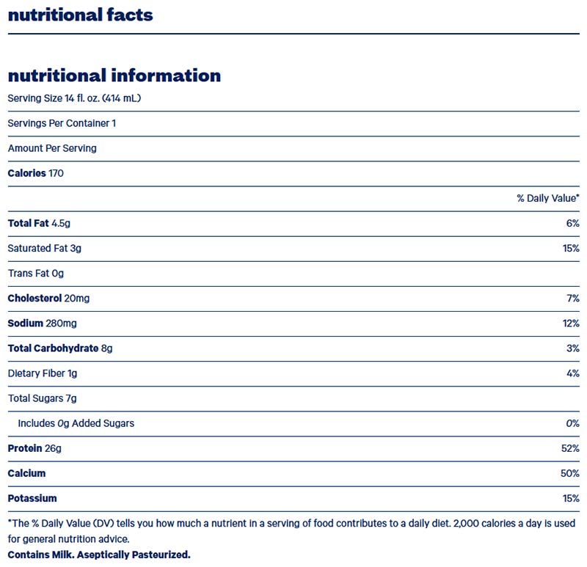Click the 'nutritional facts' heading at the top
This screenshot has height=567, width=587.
pyautogui.click(x=80, y=15)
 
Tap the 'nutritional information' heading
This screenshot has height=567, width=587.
pyautogui.click(x=114, y=76)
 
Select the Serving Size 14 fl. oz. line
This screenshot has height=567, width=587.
pyautogui.click(x=74, y=98)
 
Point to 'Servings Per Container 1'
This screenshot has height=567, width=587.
pyautogui.click(x=62, y=123)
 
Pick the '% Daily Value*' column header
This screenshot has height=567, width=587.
pyautogui.click(x=547, y=198)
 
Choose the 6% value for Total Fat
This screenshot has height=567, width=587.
pyautogui.click(x=572, y=223)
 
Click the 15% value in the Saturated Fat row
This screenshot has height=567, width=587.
pyautogui.click(x=571, y=249)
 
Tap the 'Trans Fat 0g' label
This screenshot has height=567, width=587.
pyautogui.click(x=36, y=274)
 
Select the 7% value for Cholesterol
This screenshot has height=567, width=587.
pyautogui.click(x=572, y=299)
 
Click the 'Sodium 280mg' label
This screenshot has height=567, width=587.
pyautogui.click(x=41, y=323)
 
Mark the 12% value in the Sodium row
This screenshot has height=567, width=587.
pyautogui.click(x=571, y=323)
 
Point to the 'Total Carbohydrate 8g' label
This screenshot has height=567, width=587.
pyautogui.click(x=60, y=348)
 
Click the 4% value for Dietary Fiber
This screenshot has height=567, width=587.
pyautogui.click(x=572, y=373)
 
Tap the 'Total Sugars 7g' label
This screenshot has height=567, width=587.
pyautogui.click(x=42, y=398)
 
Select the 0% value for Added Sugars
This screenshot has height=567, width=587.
pyautogui.click(x=572, y=423)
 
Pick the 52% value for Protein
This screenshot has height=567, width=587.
pyautogui.click(x=570, y=448)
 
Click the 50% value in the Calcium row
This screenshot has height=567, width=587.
pyautogui.click(x=570, y=473)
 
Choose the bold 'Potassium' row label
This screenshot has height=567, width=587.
pyautogui.click(x=32, y=498)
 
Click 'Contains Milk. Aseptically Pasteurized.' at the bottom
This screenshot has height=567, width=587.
pyautogui.click(x=99, y=555)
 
